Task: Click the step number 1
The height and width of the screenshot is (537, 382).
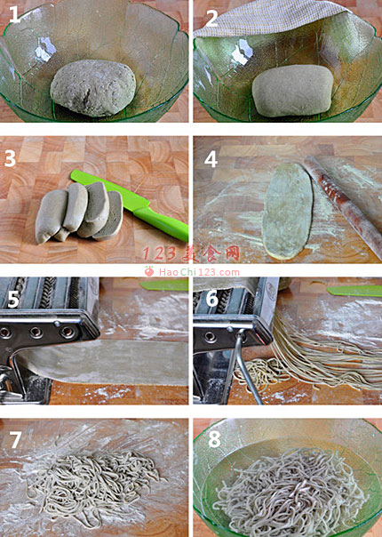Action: (x=15, y=14)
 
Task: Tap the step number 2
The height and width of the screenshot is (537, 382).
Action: (x=212, y=19)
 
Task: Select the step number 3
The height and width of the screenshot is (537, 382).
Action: (x=10, y=158)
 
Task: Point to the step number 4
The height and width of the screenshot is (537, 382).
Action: (x=211, y=159)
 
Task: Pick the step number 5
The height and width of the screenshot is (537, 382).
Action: (x=13, y=300)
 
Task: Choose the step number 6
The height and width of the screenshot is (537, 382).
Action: (x=212, y=299)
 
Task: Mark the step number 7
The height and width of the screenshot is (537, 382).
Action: (x=16, y=440)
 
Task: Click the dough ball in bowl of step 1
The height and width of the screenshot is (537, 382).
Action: (x=93, y=87)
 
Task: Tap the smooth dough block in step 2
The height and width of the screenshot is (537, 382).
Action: (x=293, y=91)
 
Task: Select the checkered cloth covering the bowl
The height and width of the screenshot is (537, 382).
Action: (x=270, y=18)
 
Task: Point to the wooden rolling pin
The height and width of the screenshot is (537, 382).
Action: (x=343, y=205)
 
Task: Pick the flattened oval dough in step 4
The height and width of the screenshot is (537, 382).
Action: (x=288, y=211)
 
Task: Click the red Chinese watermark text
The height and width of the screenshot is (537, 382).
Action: (x=191, y=253)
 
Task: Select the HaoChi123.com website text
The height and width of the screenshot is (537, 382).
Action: (x=199, y=272)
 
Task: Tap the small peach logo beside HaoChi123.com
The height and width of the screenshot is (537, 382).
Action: (x=149, y=271)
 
